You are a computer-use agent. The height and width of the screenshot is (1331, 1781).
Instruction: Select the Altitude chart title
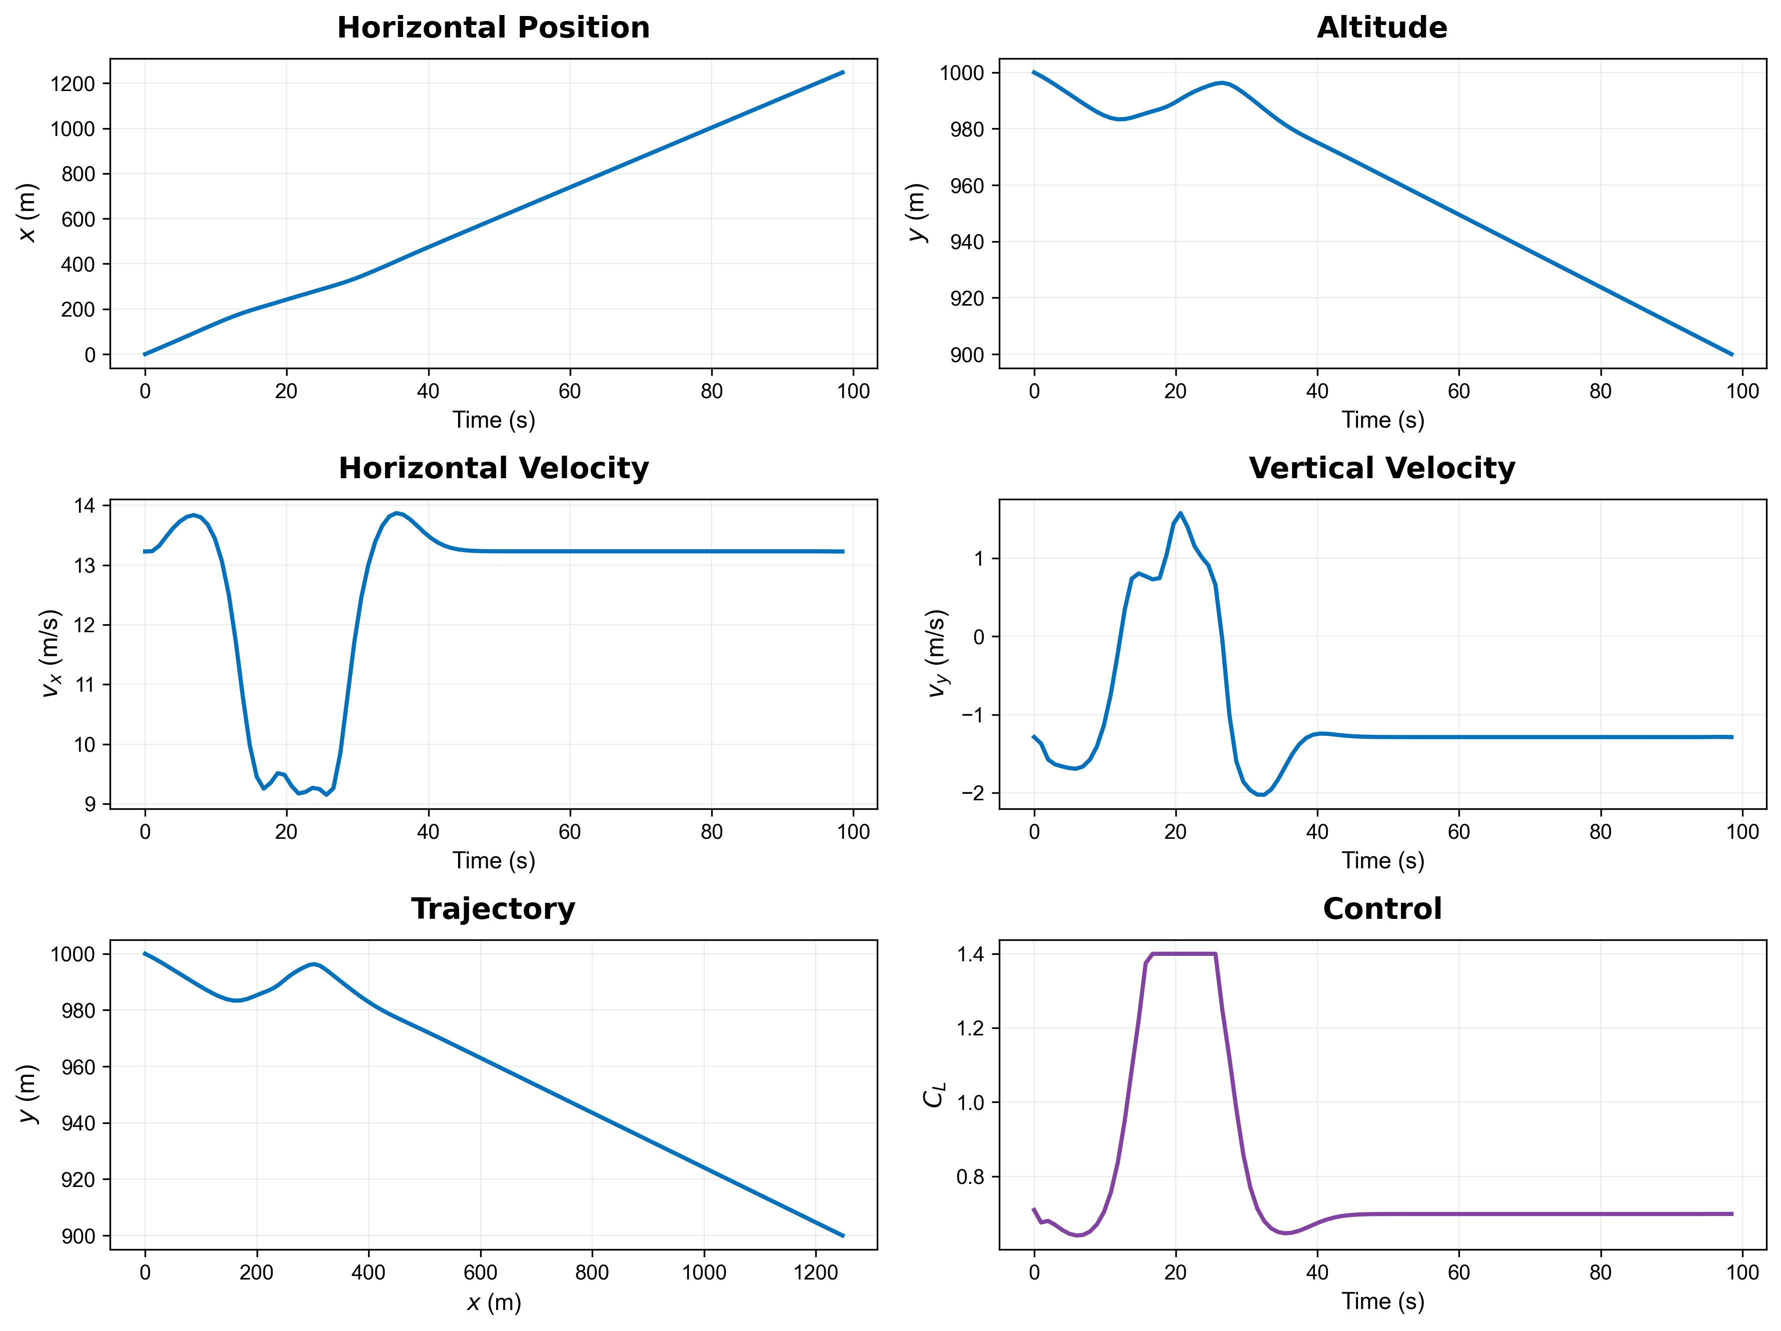coord(1382,28)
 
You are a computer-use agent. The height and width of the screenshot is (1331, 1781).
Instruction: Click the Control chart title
coord(1382,909)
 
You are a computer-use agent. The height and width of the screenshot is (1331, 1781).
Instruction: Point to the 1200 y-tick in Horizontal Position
coord(73,84)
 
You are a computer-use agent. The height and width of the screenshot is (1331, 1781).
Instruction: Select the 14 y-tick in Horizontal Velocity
coord(85,506)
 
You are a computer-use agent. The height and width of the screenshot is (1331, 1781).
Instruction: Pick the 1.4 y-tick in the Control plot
coord(970,954)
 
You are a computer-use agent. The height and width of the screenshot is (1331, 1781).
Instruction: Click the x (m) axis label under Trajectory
coord(494,1302)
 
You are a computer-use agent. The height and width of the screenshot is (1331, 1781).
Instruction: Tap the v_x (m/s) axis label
coord(50,653)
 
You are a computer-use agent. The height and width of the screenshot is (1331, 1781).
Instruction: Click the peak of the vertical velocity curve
coord(1180,513)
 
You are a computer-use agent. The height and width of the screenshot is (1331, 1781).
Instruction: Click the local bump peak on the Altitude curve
coord(1221,82)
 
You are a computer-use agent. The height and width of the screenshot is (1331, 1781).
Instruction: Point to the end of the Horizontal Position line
coord(843,73)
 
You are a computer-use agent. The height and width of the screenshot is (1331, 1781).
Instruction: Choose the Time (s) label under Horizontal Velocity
coord(494,861)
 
